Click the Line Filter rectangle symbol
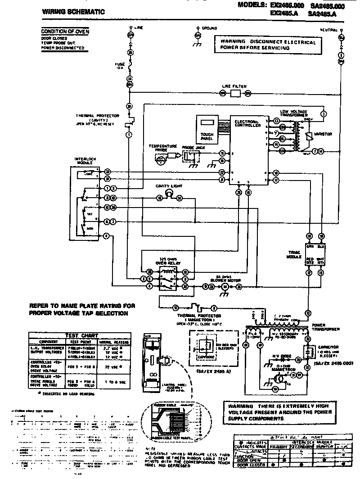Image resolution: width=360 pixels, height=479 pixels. pos(235,93)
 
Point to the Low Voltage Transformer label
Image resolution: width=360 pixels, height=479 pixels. pos(293,113)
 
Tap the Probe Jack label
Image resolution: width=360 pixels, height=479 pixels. pos(191,148)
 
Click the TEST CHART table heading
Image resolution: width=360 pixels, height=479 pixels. pos(80,335)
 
